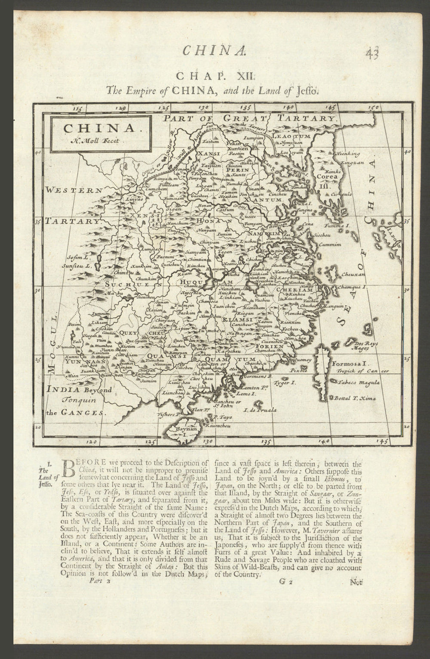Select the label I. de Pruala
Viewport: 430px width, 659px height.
click(x=259, y=409)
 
